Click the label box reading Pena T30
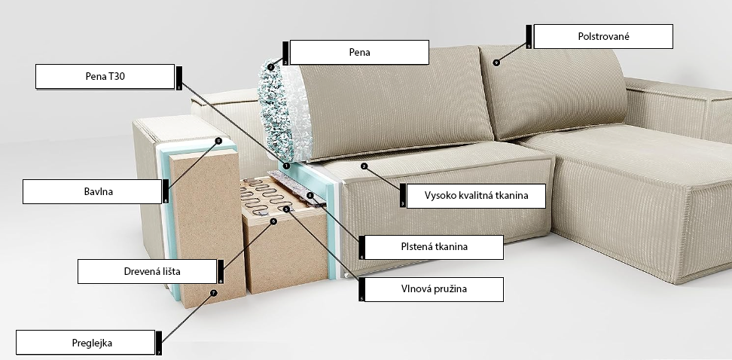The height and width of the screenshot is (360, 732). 105,77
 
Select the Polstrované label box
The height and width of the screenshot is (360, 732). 603,36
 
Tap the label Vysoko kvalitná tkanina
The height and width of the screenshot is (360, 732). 476,196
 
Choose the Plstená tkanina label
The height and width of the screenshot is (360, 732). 434,247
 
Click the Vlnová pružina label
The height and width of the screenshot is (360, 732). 434,289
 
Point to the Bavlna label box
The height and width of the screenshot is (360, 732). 92,191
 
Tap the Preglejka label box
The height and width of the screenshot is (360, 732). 85,343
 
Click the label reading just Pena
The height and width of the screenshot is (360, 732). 359,52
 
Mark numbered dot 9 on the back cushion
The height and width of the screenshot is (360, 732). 496,63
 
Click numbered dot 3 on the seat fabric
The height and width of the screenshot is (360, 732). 364,166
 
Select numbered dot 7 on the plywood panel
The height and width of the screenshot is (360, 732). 213,293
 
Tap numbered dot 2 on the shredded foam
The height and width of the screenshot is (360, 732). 271,67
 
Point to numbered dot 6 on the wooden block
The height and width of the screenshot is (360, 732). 273,221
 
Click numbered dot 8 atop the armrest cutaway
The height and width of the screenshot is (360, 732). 218,140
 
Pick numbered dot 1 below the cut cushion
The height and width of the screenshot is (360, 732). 287,166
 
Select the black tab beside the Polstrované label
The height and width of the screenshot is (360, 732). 529,36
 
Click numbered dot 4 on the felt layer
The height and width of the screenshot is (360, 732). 310,195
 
